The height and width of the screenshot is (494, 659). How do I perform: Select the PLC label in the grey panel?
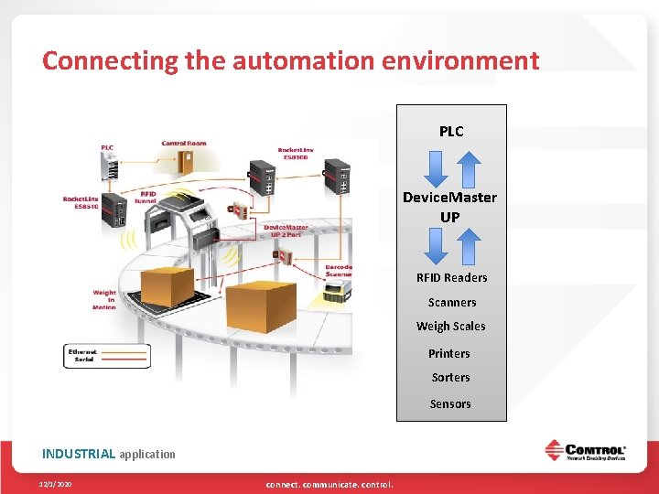click(451, 132)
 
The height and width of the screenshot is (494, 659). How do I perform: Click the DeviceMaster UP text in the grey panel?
click(450, 207)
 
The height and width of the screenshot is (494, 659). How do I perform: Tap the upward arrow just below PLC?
click(468, 167)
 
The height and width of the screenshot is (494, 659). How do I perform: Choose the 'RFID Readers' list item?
click(451, 278)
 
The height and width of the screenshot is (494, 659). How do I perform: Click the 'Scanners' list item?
click(451, 303)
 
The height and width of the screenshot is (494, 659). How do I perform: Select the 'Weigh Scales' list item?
click(450, 327)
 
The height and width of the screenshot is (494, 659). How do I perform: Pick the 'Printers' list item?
click(449, 354)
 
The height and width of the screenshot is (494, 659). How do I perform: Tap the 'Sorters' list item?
click(450, 378)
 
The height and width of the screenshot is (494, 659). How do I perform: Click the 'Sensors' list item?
click(450, 404)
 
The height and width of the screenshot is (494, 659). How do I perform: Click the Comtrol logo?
click(586, 452)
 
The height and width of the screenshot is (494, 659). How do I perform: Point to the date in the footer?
click(56, 484)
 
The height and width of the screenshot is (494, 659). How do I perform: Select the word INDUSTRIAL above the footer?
click(79, 454)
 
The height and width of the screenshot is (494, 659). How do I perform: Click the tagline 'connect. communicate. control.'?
click(329, 484)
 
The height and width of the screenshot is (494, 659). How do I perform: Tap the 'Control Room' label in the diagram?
click(183, 144)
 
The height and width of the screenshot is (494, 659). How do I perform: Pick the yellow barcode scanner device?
click(340, 293)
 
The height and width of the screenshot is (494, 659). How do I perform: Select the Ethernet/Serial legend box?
click(107, 356)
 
